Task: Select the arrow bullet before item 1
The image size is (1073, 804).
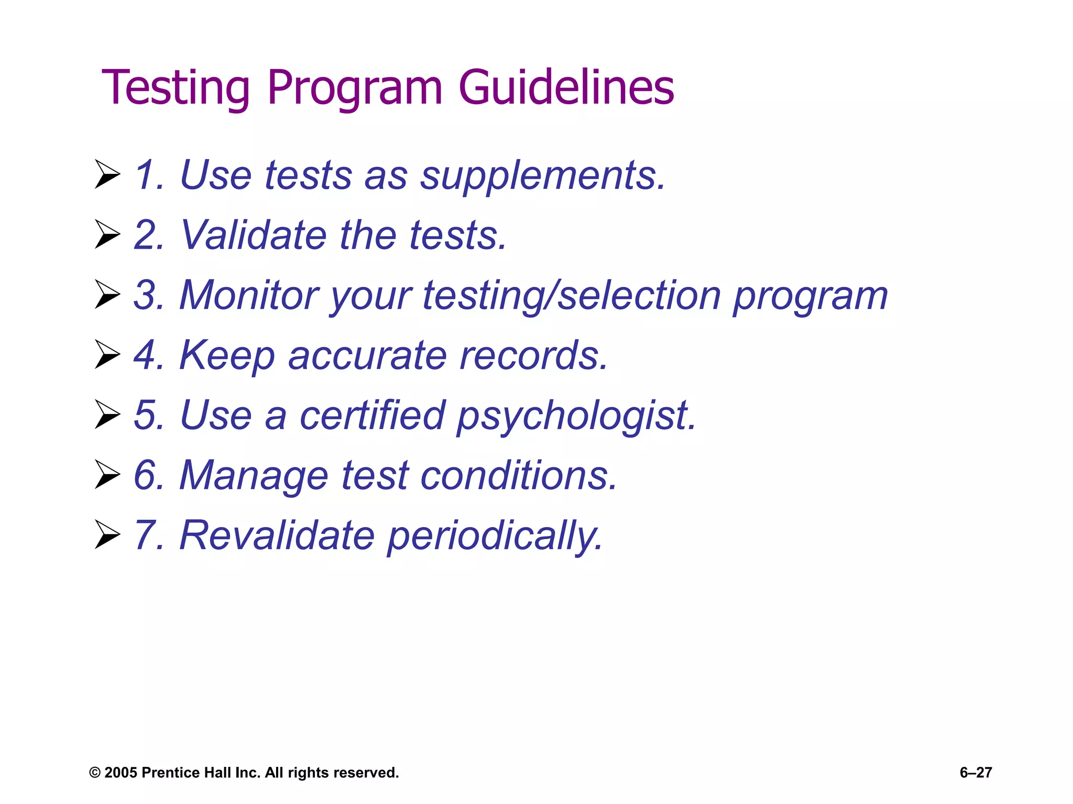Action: [107, 175]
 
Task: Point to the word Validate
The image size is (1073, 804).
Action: [253, 235]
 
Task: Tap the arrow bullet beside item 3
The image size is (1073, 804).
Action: [107, 295]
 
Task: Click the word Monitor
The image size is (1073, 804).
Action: [248, 295]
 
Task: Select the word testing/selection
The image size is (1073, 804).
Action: [572, 296]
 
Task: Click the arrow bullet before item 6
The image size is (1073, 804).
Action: [107, 475]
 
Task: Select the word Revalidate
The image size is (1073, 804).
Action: [277, 535]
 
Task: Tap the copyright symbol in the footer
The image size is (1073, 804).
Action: [94, 773]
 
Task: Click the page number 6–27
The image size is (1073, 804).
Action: [976, 773]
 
